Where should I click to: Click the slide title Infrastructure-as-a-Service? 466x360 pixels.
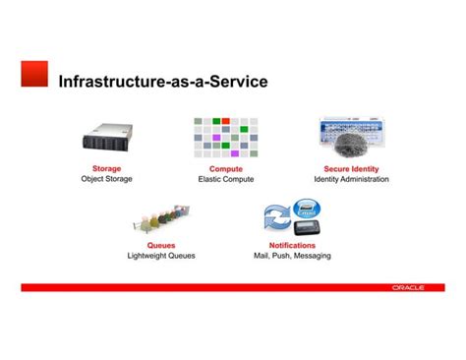(162, 82)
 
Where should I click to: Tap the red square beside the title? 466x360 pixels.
(34, 74)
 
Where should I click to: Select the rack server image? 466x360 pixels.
(106, 139)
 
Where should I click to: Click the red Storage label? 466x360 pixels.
(106, 169)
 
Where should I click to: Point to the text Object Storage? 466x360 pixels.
(106, 180)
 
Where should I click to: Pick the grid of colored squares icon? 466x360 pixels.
(225, 138)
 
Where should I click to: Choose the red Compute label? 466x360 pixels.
(226, 169)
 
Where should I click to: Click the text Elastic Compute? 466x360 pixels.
(226, 180)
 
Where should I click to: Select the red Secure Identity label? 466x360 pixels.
(351, 169)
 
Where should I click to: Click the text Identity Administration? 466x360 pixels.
(351, 180)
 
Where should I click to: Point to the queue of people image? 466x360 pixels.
(160, 218)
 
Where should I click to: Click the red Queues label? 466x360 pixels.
(161, 245)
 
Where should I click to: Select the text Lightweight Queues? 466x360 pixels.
(161, 256)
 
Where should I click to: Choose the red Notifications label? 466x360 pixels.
(292, 245)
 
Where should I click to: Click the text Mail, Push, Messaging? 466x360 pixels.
(292, 256)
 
